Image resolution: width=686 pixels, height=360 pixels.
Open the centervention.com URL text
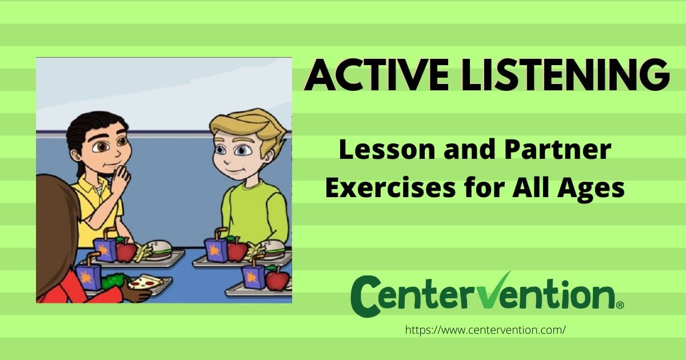485,330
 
